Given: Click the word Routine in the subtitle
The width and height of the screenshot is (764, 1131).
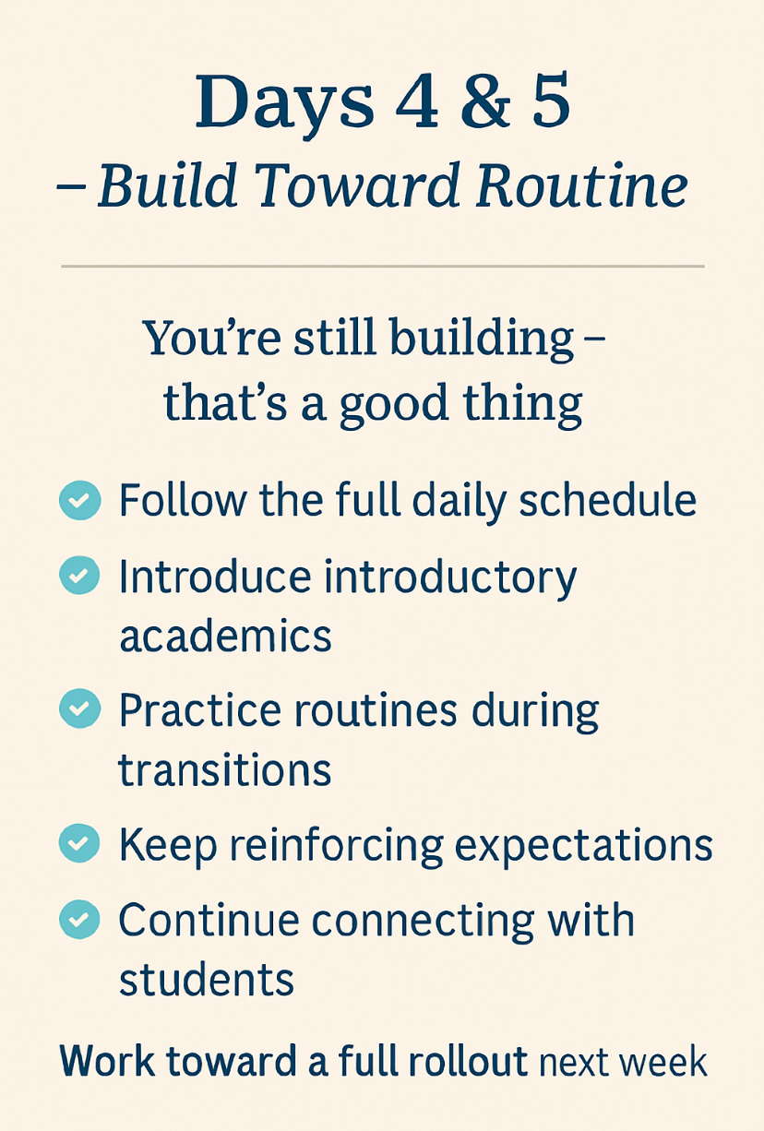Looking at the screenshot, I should [x=581, y=185].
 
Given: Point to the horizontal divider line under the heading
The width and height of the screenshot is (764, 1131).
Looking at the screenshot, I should [x=382, y=267].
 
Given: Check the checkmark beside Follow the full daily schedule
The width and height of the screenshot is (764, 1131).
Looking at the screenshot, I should [x=79, y=501].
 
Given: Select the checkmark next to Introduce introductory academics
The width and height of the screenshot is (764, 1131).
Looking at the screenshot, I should [x=79, y=576].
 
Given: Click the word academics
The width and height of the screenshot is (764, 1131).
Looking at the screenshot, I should [x=225, y=637].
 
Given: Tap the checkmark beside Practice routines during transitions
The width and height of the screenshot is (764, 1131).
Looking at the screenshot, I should [x=79, y=708].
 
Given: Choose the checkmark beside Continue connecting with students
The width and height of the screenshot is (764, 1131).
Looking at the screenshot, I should [x=79, y=918].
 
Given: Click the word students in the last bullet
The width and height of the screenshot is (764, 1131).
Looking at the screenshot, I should [x=206, y=980].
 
